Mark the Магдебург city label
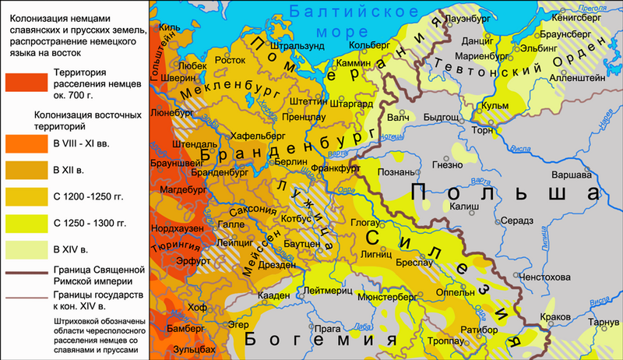click(x=181, y=189)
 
